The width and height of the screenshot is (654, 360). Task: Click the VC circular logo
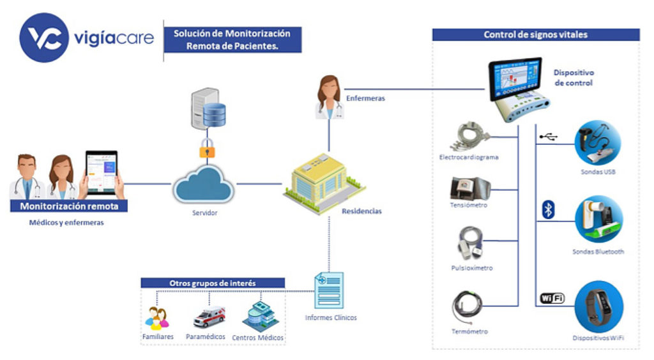(43, 38)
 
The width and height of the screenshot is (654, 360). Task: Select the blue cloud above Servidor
(204, 185)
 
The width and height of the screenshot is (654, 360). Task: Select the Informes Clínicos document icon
(329, 292)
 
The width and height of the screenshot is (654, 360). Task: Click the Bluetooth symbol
(548, 210)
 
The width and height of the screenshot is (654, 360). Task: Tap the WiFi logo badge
(552, 298)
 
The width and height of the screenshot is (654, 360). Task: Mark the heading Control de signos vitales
(535, 34)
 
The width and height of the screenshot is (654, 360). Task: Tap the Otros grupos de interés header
(213, 283)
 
